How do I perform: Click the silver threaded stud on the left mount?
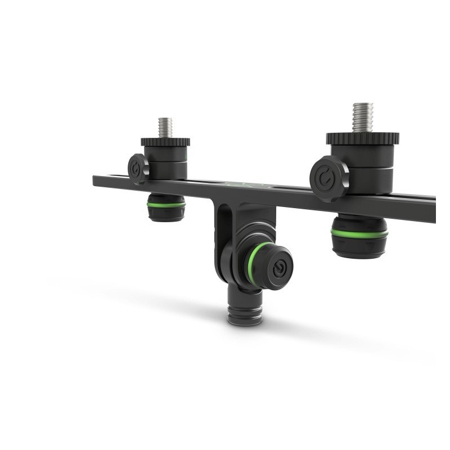(x=165, y=127)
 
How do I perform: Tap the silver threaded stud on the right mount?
(x=363, y=117)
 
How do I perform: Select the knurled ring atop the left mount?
(x=165, y=142)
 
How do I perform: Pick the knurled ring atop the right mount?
(x=363, y=138)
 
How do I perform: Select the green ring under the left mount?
(x=166, y=205)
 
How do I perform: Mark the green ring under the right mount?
(x=359, y=233)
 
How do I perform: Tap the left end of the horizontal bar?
(x=97, y=180)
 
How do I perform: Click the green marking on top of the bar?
(x=239, y=183)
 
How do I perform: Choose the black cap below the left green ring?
(x=166, y=214)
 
